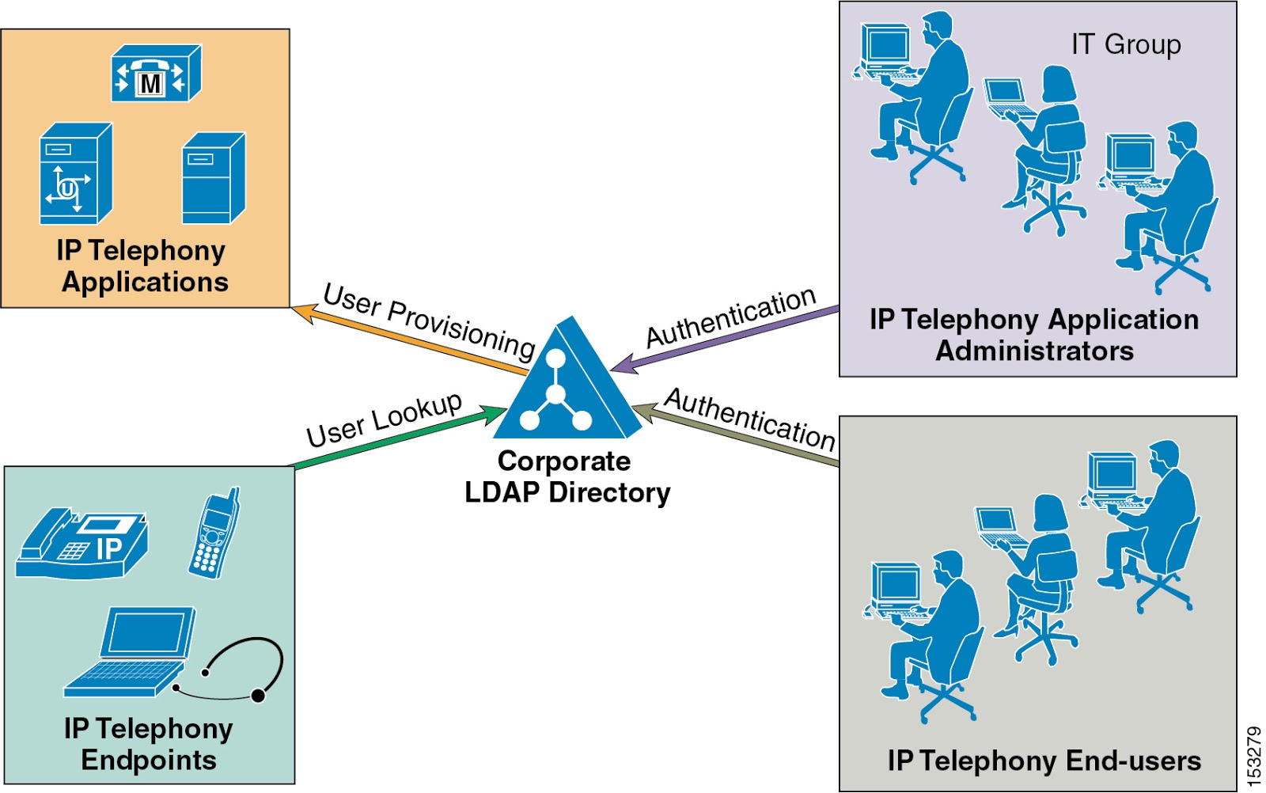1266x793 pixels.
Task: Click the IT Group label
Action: click(1125, 45)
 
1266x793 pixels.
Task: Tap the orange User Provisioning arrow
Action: click(411, 340)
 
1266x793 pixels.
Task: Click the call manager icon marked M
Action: click(156, 74)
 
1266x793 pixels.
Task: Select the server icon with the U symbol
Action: click(75, 175)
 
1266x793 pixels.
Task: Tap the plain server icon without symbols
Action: click(213, 179)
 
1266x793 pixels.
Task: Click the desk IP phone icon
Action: click(81, 544)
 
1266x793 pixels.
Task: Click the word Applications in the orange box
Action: click(146, 283)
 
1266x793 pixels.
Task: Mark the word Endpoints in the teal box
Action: click(149, 761)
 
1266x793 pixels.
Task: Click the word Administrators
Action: click(1034, 351)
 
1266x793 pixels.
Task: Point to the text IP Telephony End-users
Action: click(1044, 761)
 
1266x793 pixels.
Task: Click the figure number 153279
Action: click(1253, 757)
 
